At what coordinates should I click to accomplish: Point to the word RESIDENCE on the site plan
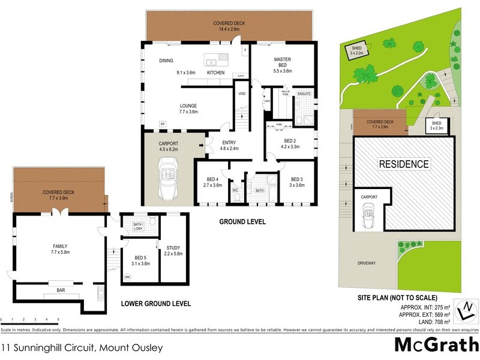pos(403,164)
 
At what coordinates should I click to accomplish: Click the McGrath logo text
pos(436,344)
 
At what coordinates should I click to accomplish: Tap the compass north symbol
pos(467,310)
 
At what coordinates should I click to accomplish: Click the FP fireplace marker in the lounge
pos(162,124)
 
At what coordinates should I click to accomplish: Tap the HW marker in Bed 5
pos(127,277)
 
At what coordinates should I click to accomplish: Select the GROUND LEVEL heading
pos(243,222)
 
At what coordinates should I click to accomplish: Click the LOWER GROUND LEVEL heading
pos(156,304)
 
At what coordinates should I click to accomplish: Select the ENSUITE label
pos(304,94)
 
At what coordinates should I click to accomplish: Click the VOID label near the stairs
pos(242,94)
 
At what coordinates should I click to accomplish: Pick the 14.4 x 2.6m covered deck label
pos(229,26)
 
